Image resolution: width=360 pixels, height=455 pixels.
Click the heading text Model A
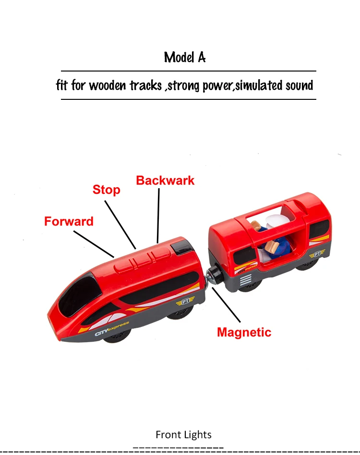coord(185,58)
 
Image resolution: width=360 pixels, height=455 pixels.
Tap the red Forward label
coord(69,222)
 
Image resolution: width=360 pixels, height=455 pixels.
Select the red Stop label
coord(106,190)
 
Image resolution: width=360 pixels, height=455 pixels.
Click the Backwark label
coord(165,180)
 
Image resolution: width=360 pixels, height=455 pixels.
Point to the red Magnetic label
coord(244,332)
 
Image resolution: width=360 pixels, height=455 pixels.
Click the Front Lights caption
coord(183,435)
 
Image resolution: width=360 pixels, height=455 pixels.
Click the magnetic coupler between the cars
coord(213,278)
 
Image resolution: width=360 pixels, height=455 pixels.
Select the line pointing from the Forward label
coord(94,243)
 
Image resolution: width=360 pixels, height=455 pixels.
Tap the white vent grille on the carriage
coord(245,280)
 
